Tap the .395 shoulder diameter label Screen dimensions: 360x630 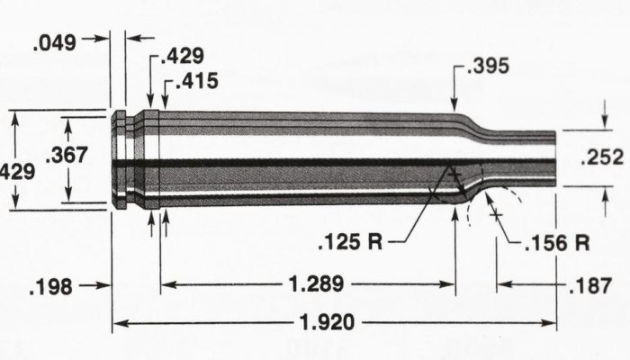click(x=488, y=65)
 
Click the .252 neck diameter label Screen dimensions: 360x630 click(x=602, y=157)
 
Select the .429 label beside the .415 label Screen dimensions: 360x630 click(x=182, y=56)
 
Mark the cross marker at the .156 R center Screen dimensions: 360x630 click(x=494, y=214)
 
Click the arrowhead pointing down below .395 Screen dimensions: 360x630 click(x=457, y=105)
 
